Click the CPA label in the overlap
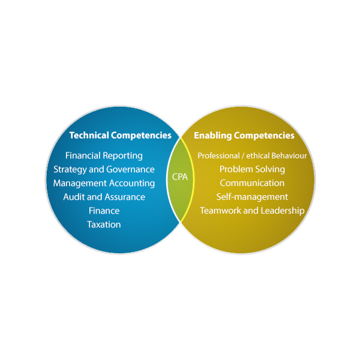pos(180,177)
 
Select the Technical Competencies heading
pos(120,136)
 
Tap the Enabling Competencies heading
pos(244,136)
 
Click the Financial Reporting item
pos(104,155)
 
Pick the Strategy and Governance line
pos(104,169)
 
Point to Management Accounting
pos(104,183)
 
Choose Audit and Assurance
pos(104,197)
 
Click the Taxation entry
pos(104,224)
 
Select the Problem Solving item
pos(252,169)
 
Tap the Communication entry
pos(252,183)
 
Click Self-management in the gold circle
pos(252,197)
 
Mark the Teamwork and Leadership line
pos(252,211)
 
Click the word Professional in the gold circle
pos(218,156)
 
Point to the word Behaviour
pos(287,156)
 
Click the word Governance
pos(130,169)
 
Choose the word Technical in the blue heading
pos(89,136)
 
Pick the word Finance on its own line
pos(104,211)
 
